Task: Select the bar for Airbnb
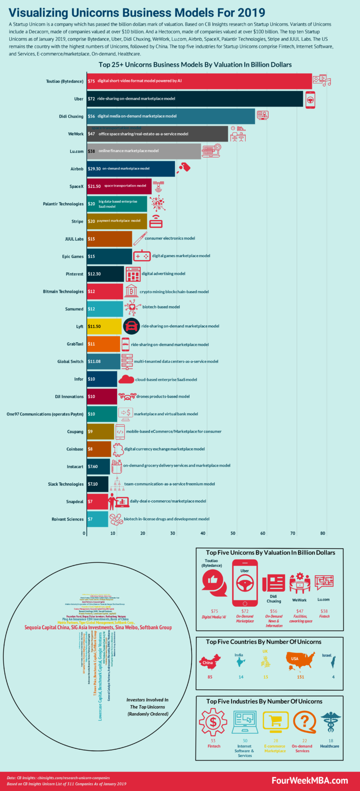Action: [131, 169]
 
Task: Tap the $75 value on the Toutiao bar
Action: [91, 81]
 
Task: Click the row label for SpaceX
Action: [76, 187]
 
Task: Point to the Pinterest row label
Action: [75, 274]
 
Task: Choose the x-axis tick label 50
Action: [233, 533]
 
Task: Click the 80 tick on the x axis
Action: [322, 533]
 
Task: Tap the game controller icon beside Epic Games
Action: [142, 256]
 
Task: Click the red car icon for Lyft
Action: [131, 326]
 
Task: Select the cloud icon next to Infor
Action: [126, 379]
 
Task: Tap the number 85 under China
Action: [210, 677]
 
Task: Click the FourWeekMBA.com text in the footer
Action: [309, 780]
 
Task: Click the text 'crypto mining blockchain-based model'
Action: [174, 292]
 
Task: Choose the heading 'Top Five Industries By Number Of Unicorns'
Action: [264, 701]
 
